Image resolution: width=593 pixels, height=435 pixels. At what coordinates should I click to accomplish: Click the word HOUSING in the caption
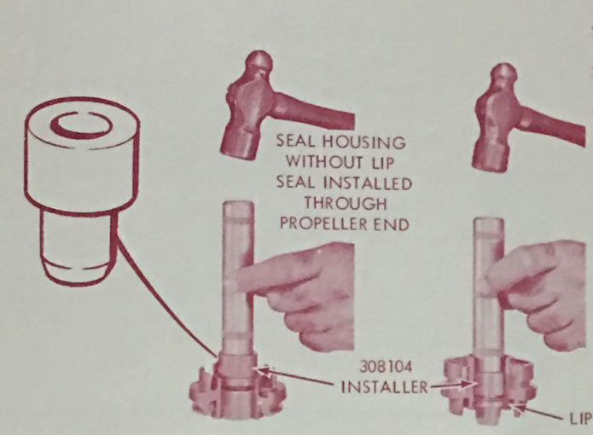(364, 142)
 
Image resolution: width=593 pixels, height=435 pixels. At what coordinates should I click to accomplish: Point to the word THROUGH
(346, 204)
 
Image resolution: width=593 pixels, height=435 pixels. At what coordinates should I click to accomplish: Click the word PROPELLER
(323, 223)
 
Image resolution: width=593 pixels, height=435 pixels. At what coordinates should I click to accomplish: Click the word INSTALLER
(384, 387)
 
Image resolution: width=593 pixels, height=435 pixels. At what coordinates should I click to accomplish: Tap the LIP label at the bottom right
(581, 419)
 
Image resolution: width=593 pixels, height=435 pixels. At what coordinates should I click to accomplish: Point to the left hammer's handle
(316, 112)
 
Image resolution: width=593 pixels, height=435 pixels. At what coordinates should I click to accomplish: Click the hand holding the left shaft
(299, 295)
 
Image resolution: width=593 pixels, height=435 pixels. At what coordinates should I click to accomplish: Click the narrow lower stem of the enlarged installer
(78, 246)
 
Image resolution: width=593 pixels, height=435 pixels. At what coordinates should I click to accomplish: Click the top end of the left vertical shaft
(238, 203)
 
